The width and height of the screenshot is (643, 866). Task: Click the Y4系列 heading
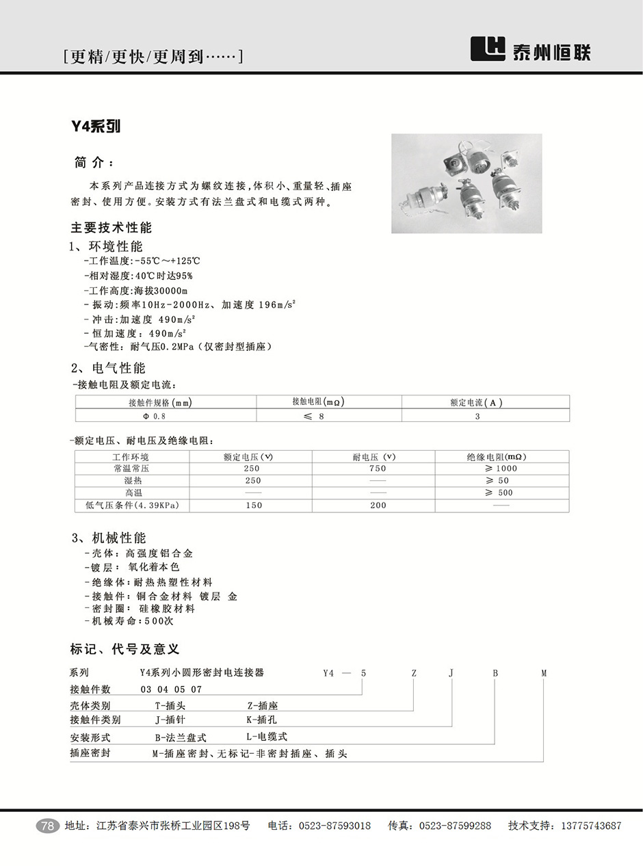96,127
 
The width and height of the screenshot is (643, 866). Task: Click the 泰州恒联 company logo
531,49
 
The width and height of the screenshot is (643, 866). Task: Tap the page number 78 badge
47,826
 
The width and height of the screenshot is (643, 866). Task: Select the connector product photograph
467,183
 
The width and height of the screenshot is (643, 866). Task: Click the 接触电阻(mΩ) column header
317,402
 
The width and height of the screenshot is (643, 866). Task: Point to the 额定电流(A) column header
476,402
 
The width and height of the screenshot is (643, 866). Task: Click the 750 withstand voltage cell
377,469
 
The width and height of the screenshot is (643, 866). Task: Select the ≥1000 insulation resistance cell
501,469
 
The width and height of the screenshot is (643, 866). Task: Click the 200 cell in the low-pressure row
377,506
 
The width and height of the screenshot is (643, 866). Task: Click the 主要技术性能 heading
111,228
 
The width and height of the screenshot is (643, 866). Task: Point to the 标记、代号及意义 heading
124,649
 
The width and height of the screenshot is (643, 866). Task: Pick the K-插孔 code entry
261,720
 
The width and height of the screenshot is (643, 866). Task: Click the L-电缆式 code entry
267,737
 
